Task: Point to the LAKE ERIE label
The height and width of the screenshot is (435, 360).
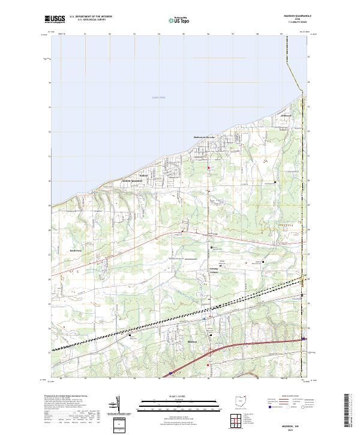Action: tap(158, 97)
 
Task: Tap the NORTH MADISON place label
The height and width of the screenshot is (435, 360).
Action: tap(133, 181)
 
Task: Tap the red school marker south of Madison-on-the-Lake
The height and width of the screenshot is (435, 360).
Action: tap(209, 169)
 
